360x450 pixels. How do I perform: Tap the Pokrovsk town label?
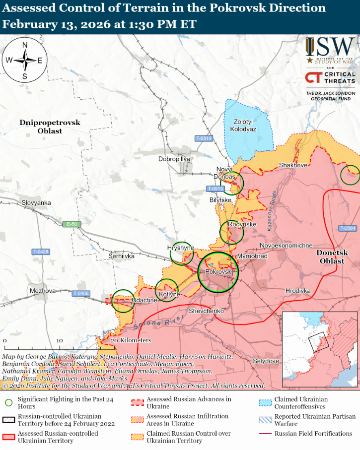coord(218,272)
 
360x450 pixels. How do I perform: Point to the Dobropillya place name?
coord(174,159)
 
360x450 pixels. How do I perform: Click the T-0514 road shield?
coord(203,138)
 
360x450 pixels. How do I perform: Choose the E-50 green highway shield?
coord(72,224)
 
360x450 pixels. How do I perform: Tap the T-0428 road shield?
coord(41,252)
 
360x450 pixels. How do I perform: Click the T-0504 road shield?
coord(348,228)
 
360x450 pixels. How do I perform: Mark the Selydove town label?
coord(266,361)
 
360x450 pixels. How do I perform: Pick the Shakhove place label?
coord(293,165)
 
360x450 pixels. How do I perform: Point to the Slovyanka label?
coord(36,203)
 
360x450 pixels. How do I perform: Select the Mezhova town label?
coord(42,291)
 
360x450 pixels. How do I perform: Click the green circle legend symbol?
coord(8,403)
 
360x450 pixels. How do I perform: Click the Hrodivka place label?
coord(298,291)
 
